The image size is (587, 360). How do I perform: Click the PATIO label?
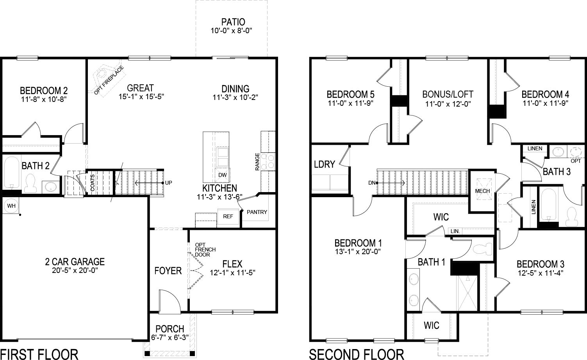(x=233, y=22)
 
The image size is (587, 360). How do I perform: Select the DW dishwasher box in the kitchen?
(x=222, y=175)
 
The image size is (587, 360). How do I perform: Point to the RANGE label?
(x=257, y=161)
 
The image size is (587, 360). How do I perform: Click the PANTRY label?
(x=257, y=212)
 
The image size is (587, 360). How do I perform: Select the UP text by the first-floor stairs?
(x=169, y=183)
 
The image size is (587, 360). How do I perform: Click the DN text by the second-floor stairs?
(x=371, y=183)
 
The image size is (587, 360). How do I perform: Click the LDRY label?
(x=324, y=164)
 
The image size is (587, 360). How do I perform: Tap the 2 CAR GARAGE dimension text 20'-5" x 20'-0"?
(x=75, y=271)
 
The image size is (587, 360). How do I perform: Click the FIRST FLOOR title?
(x=39, y=354)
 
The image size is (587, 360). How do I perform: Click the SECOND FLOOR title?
(x=356, y=354)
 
